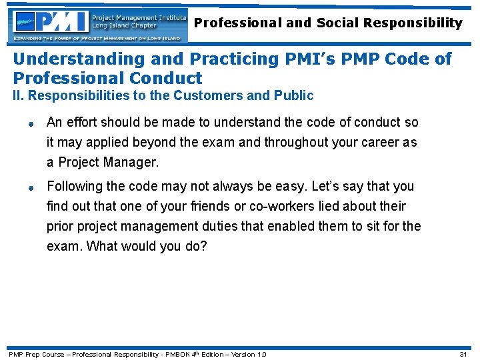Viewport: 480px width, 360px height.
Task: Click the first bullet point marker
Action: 31,123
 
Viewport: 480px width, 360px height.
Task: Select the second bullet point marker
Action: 31,187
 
